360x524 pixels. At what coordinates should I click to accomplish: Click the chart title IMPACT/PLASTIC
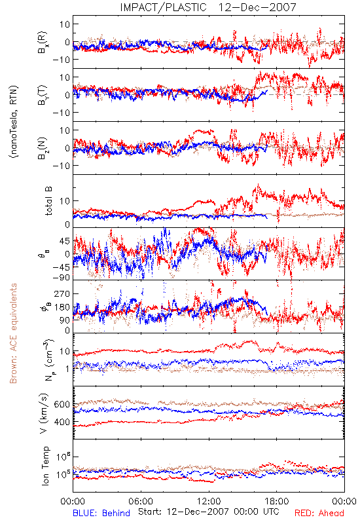[x=163, y=7]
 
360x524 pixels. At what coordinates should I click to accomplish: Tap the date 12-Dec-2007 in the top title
[x=257, y=7]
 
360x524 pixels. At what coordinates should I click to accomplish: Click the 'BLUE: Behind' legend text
[x=101, y=513]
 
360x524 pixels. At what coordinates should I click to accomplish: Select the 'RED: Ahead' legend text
[x=319, y=513]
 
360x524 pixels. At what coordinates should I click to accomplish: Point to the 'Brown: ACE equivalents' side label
[x=13, y=333]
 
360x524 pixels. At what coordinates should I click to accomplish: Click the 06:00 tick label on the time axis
[x=141, y=501]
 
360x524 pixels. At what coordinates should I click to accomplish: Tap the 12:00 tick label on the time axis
[x=209, y=501]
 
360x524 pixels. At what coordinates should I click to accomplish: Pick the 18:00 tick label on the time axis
[x=277, y=501]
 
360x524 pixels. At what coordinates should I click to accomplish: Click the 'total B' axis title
[x=48, y=201]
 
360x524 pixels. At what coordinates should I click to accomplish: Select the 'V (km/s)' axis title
[x=44, y=413]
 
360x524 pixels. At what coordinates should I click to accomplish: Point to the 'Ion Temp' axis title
[x=45, y=466]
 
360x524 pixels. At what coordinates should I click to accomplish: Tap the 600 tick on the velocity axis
[x=62, y=404]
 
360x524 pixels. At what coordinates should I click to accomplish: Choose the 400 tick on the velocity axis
[x=62, y=422]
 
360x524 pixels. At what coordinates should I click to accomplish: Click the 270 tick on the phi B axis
[x=62, y=293]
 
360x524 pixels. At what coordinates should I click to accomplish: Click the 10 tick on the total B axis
[x=65, y=201]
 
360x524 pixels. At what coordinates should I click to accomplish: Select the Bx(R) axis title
[x=43, y=43]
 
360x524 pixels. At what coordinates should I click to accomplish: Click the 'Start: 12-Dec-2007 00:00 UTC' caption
[x=209, y=512]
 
